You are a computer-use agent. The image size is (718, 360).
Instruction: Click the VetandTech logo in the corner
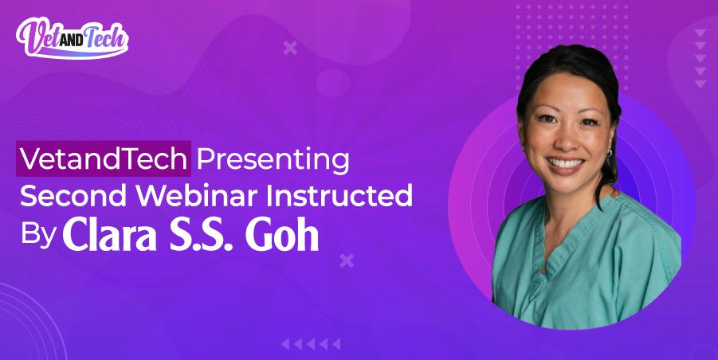(72, 35)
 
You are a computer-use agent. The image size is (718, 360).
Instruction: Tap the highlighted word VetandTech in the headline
(104, 159)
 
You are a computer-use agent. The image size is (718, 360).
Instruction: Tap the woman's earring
(607, 151)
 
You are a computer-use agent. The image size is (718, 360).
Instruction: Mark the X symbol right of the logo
(290, 49)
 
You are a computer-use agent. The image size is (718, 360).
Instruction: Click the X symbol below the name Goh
(347, 260)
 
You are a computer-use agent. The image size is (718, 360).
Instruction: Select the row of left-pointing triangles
(311, 344)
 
